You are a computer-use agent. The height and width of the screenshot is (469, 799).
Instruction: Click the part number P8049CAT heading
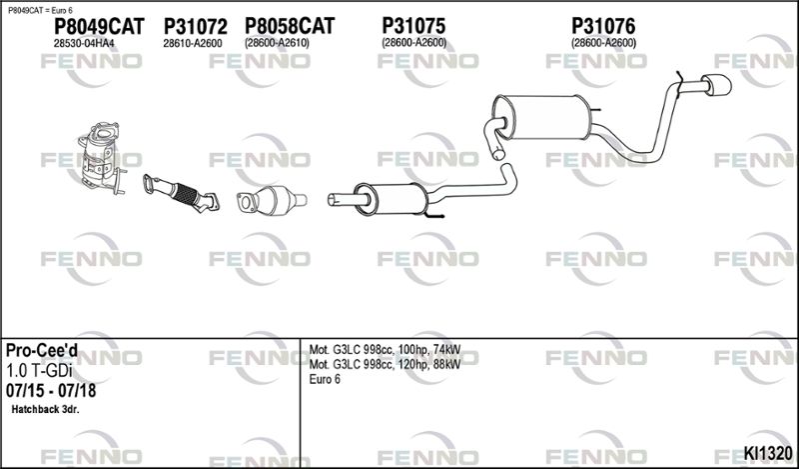(99, 27)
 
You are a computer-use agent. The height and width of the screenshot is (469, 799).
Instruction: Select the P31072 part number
(195, 27)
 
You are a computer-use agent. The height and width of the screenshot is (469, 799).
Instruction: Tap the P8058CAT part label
(290, 26)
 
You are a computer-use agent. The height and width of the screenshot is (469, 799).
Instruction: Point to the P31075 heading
(413, 26)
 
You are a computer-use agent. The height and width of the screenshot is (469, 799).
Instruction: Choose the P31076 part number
(603, 26)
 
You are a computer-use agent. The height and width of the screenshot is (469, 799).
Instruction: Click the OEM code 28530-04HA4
(84, 44)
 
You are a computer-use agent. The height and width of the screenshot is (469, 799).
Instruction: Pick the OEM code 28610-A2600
(193, 44)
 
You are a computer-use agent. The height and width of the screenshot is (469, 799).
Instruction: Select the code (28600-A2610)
(277, 43)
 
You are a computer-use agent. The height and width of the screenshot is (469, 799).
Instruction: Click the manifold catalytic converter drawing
(103, 158)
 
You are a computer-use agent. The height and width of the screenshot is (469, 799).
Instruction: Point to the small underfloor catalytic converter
(272, 201)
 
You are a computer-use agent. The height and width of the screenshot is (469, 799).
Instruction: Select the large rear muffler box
(541, 117)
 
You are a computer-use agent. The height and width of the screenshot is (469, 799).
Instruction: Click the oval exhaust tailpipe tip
(716, 85)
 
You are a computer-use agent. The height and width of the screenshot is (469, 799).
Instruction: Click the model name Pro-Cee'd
(42, 351)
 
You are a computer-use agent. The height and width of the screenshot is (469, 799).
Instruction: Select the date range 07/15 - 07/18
(51, 390)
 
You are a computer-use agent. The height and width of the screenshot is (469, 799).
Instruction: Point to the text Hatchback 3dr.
(45, 409)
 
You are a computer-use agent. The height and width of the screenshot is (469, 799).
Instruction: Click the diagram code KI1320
(768, 453)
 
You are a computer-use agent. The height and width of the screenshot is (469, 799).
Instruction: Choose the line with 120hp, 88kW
(385, 364)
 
